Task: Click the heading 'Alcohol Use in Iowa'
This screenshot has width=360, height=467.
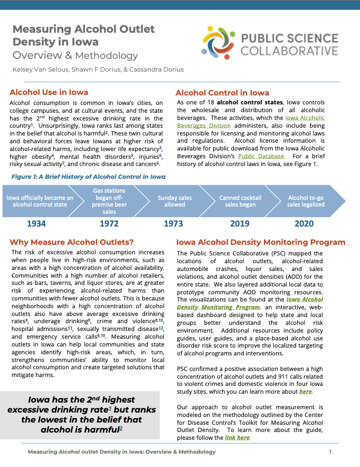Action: [49, 92]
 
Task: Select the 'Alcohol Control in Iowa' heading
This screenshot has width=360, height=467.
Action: [222, 93]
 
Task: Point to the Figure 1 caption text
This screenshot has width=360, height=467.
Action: [88, 177]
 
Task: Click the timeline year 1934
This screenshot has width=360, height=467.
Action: [36, 224]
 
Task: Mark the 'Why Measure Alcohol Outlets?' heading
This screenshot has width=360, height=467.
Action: [72, 242]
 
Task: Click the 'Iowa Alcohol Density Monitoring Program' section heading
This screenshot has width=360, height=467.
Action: [261, 243]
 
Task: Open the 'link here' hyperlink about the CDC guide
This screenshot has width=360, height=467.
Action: [237, 438]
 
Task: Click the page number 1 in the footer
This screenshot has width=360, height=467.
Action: [330, 452]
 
